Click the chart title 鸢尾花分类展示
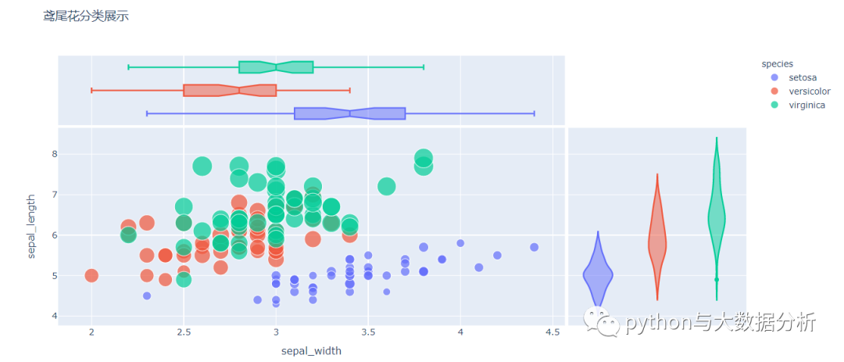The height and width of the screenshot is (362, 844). click(86, 16)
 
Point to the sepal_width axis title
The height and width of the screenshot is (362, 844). click(311, 351)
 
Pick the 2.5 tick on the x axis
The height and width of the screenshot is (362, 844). click(184, 332)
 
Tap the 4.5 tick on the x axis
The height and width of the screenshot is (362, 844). click(553, 332)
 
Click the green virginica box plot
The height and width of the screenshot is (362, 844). click(276, 67)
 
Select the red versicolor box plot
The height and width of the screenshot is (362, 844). click(230, 90)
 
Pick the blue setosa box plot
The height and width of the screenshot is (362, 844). click(349, 113)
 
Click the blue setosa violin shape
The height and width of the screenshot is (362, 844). click(598, 274)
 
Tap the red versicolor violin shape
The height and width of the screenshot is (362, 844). click(657, 242)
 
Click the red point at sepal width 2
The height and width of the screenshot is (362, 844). click(91, 275)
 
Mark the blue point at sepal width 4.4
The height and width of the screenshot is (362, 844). click(534, 247)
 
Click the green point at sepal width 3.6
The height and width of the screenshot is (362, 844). click(387, 186)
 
